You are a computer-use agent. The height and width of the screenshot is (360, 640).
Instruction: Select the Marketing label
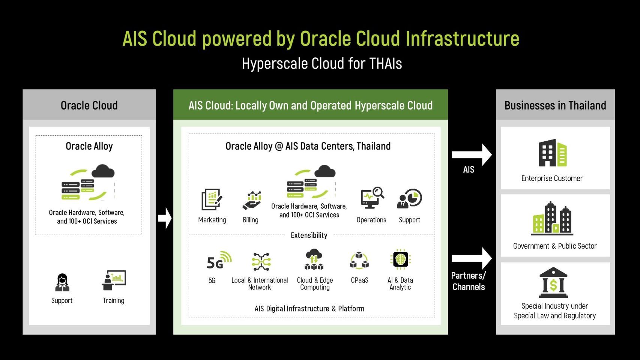pos(212,220)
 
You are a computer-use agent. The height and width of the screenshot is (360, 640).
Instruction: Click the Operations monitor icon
pos(372,198)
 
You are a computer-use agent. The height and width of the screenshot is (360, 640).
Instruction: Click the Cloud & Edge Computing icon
pos(314,260)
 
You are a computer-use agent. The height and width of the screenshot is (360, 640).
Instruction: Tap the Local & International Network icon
pos(261,261)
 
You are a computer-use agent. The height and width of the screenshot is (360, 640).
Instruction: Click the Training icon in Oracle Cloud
pos(114,280)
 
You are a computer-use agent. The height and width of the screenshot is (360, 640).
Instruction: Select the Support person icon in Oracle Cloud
pos(62,282)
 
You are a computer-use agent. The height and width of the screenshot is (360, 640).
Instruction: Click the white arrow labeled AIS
pos(471,154)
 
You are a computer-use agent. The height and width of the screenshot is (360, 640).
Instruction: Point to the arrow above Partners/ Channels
pos(471,258)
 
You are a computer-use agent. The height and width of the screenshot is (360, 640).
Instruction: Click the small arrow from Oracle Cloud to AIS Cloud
pos(165,218)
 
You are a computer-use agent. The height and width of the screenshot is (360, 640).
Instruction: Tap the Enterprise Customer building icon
pos(552,153)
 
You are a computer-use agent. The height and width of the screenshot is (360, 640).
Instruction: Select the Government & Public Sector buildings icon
pos(552,218)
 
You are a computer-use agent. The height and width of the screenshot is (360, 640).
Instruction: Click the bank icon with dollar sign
pos(553,283)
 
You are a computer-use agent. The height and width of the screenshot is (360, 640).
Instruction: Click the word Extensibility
pos(309,235)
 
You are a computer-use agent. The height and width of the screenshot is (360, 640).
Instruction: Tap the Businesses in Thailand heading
pos(555,105)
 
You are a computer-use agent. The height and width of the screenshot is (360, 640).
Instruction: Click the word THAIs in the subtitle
pos(385,63)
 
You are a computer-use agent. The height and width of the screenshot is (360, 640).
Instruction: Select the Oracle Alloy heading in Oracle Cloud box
pos(89,146)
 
